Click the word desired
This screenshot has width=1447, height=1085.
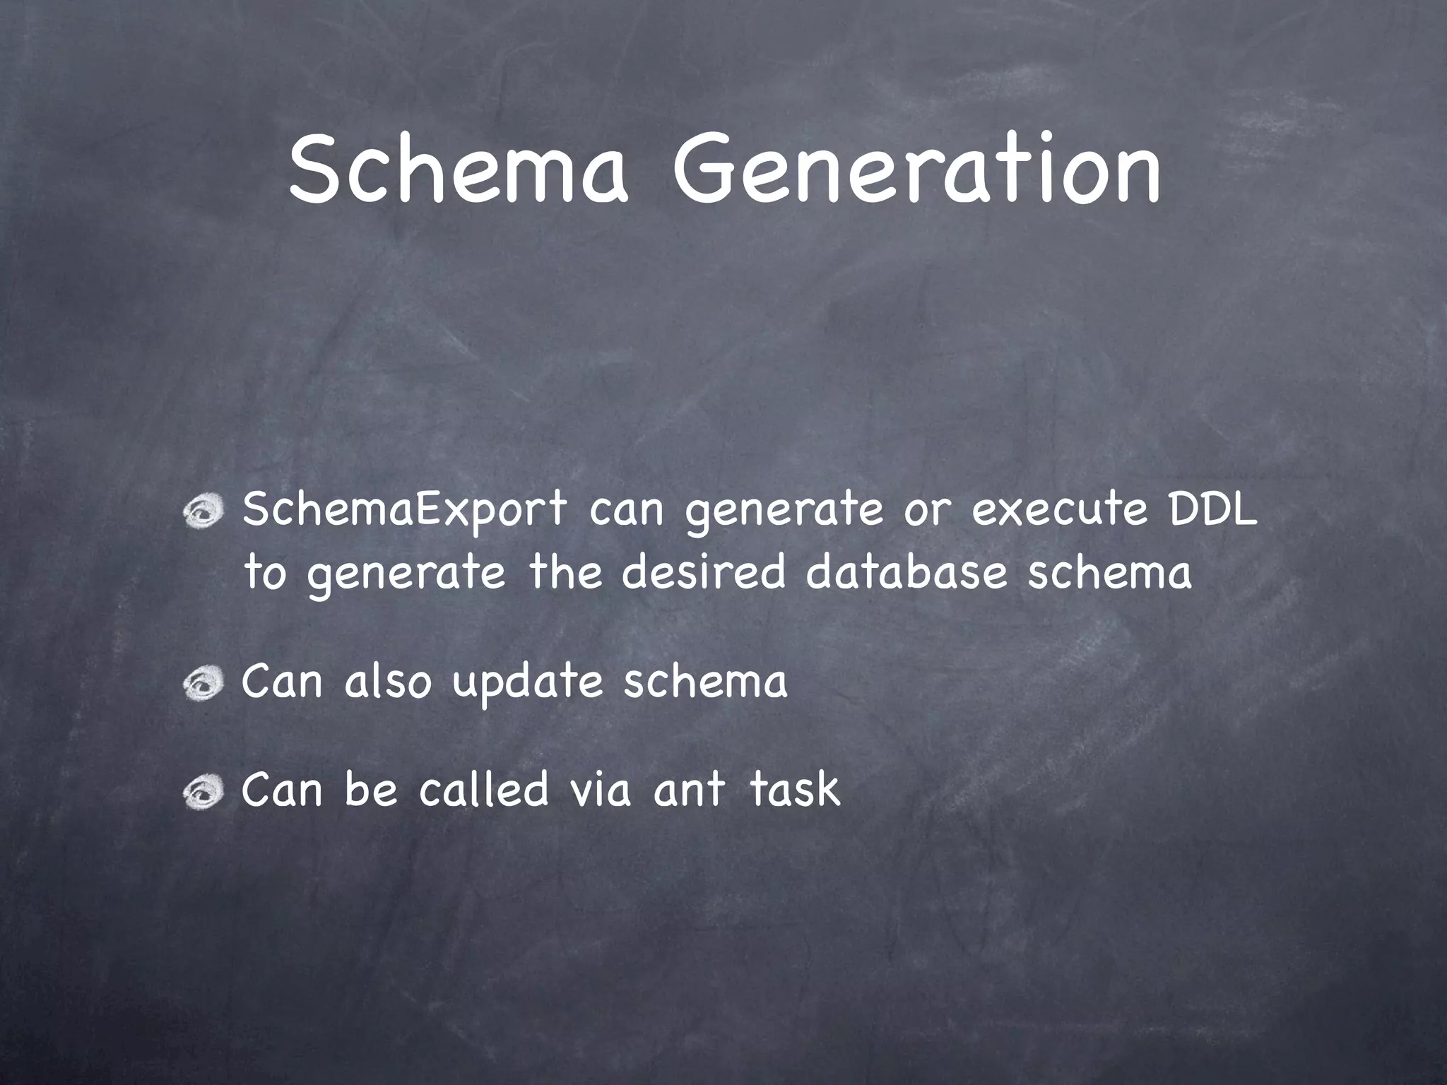[x=704, y=573]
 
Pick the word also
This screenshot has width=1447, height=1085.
[x=387, y=682]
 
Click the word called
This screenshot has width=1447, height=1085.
[x=483, y=789]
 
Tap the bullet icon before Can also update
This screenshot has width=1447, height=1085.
[x=203, y=684]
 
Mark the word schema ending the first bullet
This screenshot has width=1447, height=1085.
[x=1109, y=573]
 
